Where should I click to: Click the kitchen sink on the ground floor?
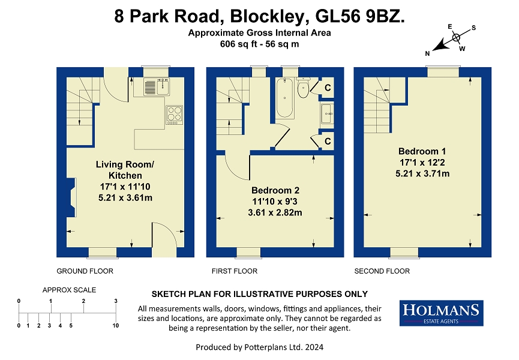(x=157, y=87)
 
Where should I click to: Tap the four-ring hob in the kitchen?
(x=175, y=115)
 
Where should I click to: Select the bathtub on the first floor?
(x=284, y=98)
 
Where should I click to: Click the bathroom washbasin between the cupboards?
(x=327, y=113)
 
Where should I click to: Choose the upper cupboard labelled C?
(x=328, y=88)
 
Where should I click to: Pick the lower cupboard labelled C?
(x=328, y=141)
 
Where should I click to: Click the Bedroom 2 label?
(x=275, y=190)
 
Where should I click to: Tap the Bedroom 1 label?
(x=422, y=151)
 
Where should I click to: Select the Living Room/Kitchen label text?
(x=125, y=170)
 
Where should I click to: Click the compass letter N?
(x=427, y=53)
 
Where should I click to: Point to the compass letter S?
(x=473, y=28)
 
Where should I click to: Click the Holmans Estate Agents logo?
(x=441, y=313)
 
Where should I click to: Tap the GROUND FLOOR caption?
(x=85, y=271)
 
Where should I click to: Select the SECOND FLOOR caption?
(x=382, y=271)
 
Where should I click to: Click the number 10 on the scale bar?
(x=116, y=326)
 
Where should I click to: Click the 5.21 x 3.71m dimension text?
(x=422, y=173)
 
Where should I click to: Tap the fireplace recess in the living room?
(x=71, y=197)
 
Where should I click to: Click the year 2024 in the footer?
(x=314, y=347)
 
